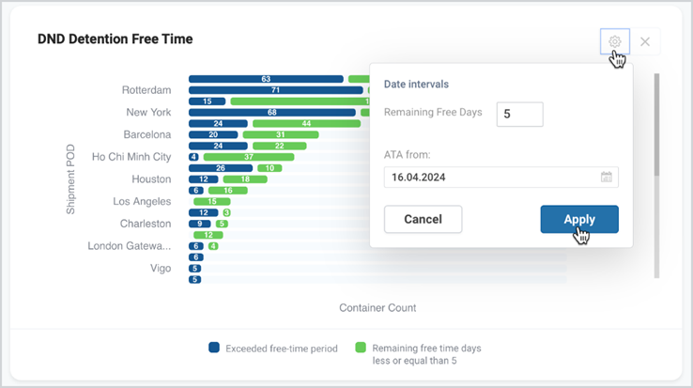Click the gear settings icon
point(614,41)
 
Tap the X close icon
point(645,41)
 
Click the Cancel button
point(423,219)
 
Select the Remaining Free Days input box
point(520,114)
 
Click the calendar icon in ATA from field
point(607,177)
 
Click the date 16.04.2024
point(419,178)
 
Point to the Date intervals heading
point(416,84)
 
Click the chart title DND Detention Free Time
point(115,39)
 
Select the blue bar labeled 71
point(276,90)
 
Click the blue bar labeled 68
point(272,113)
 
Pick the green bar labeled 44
point(306,123)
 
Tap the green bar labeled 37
point(249,157)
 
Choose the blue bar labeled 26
point(221,168)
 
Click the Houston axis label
point(151,179)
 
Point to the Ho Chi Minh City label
point(131,157)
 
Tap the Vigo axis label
point(161,269)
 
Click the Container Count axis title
point(377,308)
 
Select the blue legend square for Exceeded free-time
point(214,348)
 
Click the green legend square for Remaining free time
point(361,348)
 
